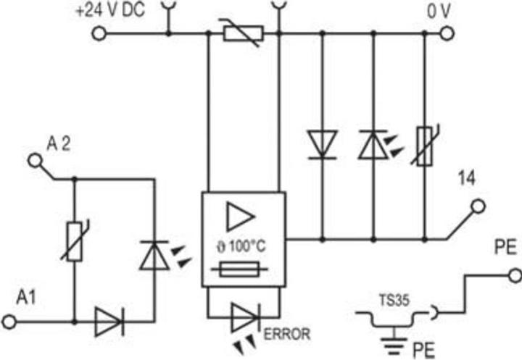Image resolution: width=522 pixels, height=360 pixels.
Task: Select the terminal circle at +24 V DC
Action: point(96,33)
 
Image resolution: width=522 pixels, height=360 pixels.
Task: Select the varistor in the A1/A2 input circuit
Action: point(73,241)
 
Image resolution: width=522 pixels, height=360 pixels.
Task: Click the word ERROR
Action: point(287,335)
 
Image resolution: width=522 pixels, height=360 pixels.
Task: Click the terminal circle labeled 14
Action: point(478,207)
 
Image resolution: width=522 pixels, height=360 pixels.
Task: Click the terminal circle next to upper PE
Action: point(514,275)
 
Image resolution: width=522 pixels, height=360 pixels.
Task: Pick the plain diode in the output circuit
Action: point(321,143)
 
